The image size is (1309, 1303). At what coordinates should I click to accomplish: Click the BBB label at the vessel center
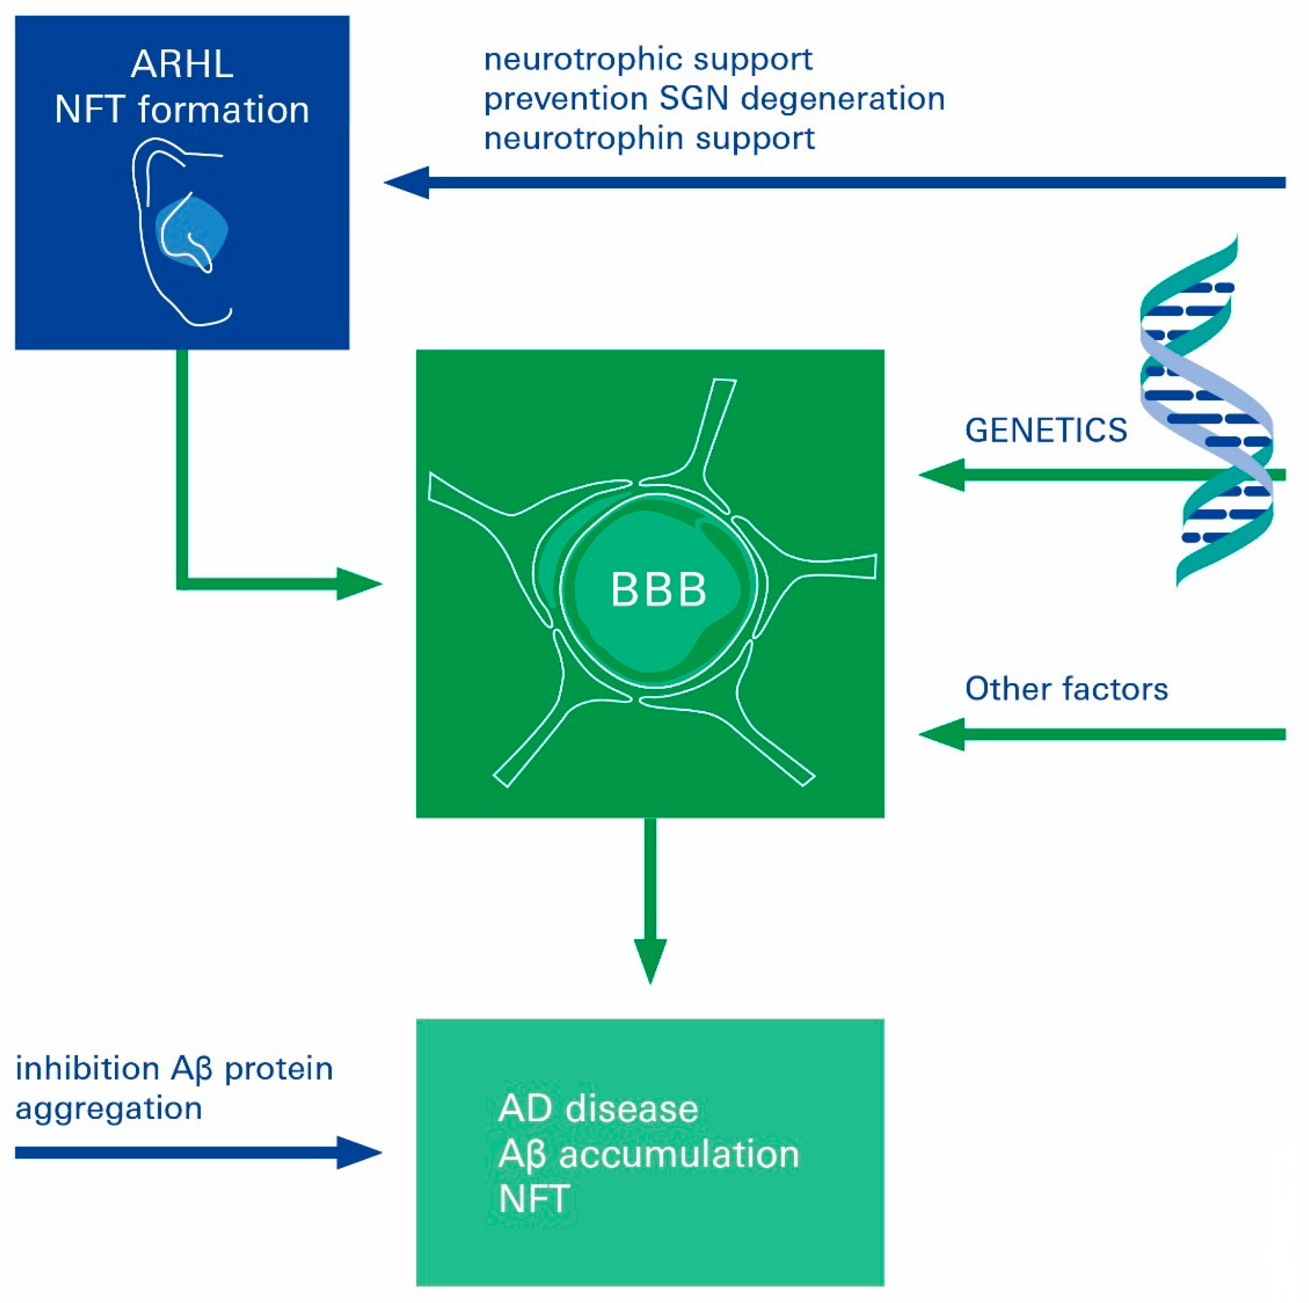[x=659, y=590]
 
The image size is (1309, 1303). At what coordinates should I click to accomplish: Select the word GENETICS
[x=1046, y=430]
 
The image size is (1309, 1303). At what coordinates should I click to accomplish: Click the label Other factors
[x=1066, y=689]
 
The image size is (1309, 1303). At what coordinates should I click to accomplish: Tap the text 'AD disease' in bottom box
[x=598, y=1109]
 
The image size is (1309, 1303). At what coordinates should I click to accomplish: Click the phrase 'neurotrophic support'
[x=648, y=60]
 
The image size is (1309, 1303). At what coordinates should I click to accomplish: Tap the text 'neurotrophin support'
[x=649, y=138]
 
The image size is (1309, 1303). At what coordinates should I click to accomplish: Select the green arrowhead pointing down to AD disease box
[x=650, y=961]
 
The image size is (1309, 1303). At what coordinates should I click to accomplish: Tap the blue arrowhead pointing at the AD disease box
[x=359, y=1152]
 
